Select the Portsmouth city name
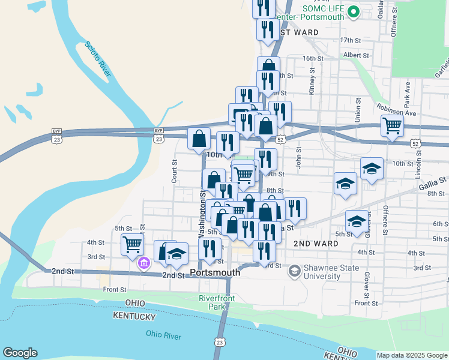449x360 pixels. (214, 272)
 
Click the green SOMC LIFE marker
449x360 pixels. (354, 11)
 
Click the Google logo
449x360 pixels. (20, 353)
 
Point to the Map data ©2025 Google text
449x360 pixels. (412, 355)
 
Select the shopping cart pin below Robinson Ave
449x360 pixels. (392, 126)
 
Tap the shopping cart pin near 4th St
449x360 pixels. (131, 244)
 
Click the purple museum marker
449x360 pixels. (144, 263)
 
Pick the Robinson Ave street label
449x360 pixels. (396, 109)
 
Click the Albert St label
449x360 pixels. (355, 55)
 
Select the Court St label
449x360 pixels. (174, 170)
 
